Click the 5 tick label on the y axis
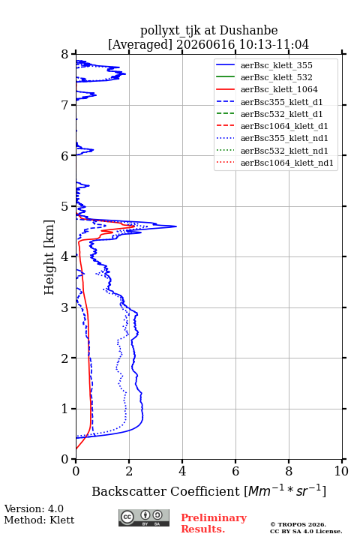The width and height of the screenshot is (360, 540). pyautogui.click(x=65, y=206)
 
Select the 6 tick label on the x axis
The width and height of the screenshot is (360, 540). pyautogui.click(x=235, y=471)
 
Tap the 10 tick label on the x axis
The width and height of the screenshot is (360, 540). pyautogui.click(x=341, y=471)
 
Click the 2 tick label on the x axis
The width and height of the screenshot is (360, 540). pyautogui.click(x=129, y=471)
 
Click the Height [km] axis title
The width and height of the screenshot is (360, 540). pyautogui.click(x=49, y=257)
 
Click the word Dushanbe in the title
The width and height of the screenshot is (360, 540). pyautogui.click(x=248, y=30)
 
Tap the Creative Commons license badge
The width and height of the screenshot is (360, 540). pyautogui.click(x=144, y=517)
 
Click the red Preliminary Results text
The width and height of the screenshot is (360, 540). pyautogui.click(x=214, y=523)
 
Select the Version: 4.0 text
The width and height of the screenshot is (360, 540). pyautogui.click(x=34, y=508)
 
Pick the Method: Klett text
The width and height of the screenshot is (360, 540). pyautogui.click(x=39, y=520)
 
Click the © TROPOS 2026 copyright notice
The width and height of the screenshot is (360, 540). pyautogui.click(x=298, y=524)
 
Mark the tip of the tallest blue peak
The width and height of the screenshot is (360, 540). pyautogui.click(x=177, y=226)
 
